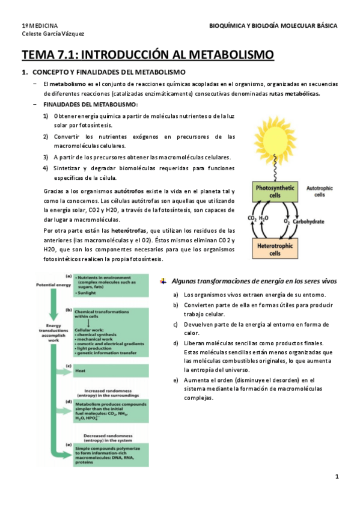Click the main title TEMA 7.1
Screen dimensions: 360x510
(x=148, y=55)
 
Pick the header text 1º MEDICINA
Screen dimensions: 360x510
(x=40, y=26)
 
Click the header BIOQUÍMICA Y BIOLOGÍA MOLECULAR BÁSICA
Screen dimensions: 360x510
(x=273, y=26)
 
